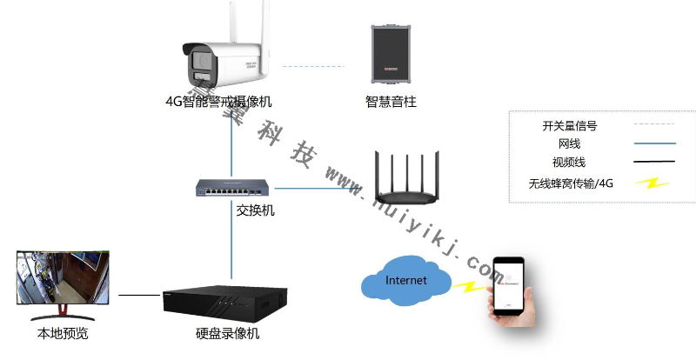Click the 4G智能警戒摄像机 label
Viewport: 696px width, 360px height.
point(218,102)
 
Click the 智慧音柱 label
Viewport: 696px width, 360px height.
point(391,102)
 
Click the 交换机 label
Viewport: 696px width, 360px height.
point(255,210)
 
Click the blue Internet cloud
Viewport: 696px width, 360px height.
point(406,281)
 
